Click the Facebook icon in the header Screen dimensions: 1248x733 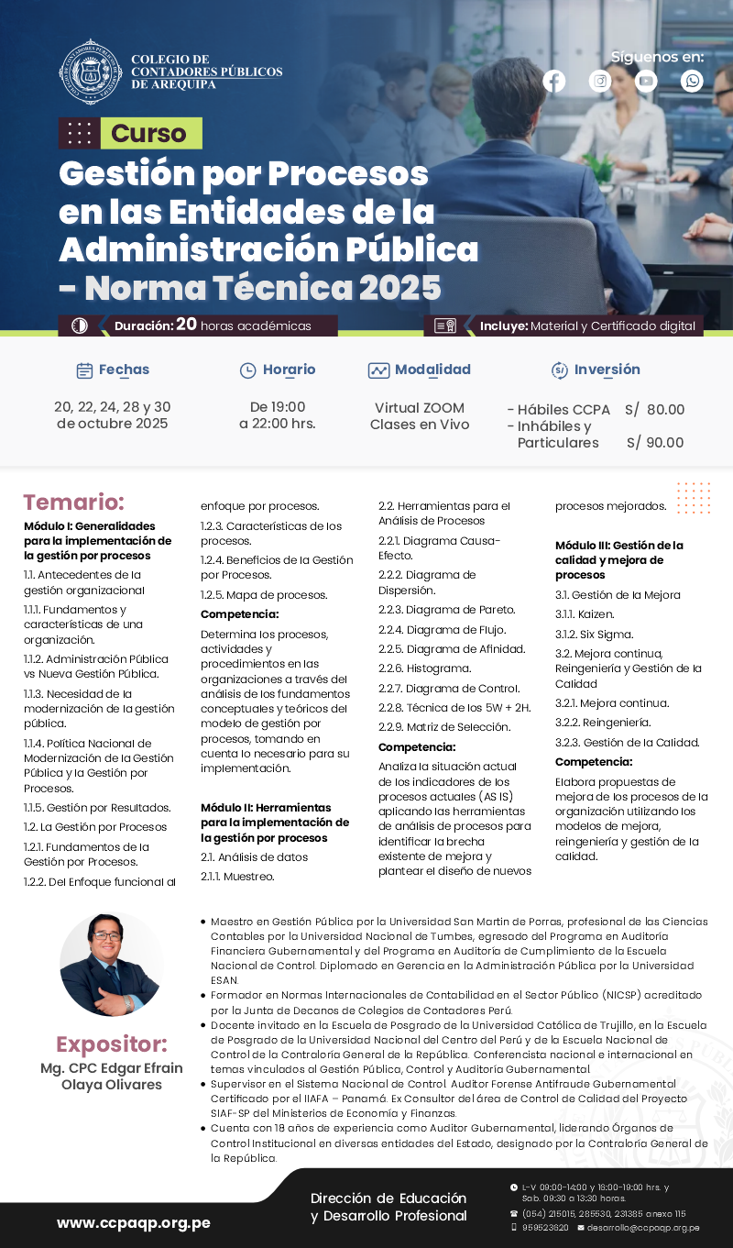(x=554, y=82)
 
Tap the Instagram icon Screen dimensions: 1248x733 (x=600, y=82)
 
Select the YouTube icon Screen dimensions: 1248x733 (x=647, y=82)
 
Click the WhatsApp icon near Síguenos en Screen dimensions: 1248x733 (x=693, y=82)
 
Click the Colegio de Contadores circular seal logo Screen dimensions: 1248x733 (x=90, y=72)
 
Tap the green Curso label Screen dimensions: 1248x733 (x=149, y=134)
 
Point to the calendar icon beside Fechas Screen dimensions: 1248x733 (x=84, y=370)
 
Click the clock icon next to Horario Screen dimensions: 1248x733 (x=247, y=370)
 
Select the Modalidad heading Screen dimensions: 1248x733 (x=432, y=370)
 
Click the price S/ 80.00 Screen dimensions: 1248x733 (x=654, y=410)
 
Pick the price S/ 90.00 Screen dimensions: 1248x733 (x=655, y=443)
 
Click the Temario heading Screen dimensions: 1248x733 (x=73, y=503)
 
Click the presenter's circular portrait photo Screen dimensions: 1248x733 (x=111, y=965)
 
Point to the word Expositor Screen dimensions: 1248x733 (x=111, y=1044)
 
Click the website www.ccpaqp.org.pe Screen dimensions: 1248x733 (x=134, y=1222)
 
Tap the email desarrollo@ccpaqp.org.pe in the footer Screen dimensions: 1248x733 (x=643, y=1228)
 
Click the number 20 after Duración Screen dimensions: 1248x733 (x=186, y=325)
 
